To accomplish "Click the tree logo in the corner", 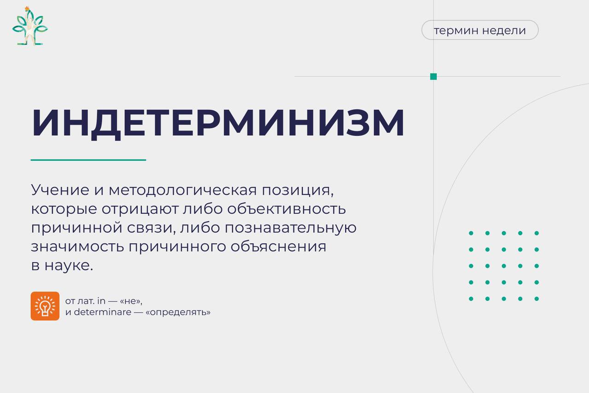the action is tap(30, 26).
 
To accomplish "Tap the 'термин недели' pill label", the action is tap(480, 30).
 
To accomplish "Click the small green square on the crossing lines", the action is tap(433, 76).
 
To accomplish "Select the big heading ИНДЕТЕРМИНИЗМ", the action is tap(218, 123).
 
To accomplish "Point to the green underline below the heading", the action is tap(88, 160).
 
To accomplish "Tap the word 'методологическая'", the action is tap(183, 190).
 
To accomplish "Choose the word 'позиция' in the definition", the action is tap(297, 191).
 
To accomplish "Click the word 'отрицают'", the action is tap(139, 209).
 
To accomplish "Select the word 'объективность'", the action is tap(286, 209).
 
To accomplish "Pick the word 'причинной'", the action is tap(76, 228).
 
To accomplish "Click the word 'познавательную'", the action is tap(290, 228).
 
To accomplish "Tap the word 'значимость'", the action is tap(77, 247).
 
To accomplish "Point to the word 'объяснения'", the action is tap(278, 247).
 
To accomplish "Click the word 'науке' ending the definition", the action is tap(69, 265).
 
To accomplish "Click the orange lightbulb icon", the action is tap(45, 306).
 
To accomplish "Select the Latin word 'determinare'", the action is tap(103, 312).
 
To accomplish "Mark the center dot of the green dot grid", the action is tap(504, 266).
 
